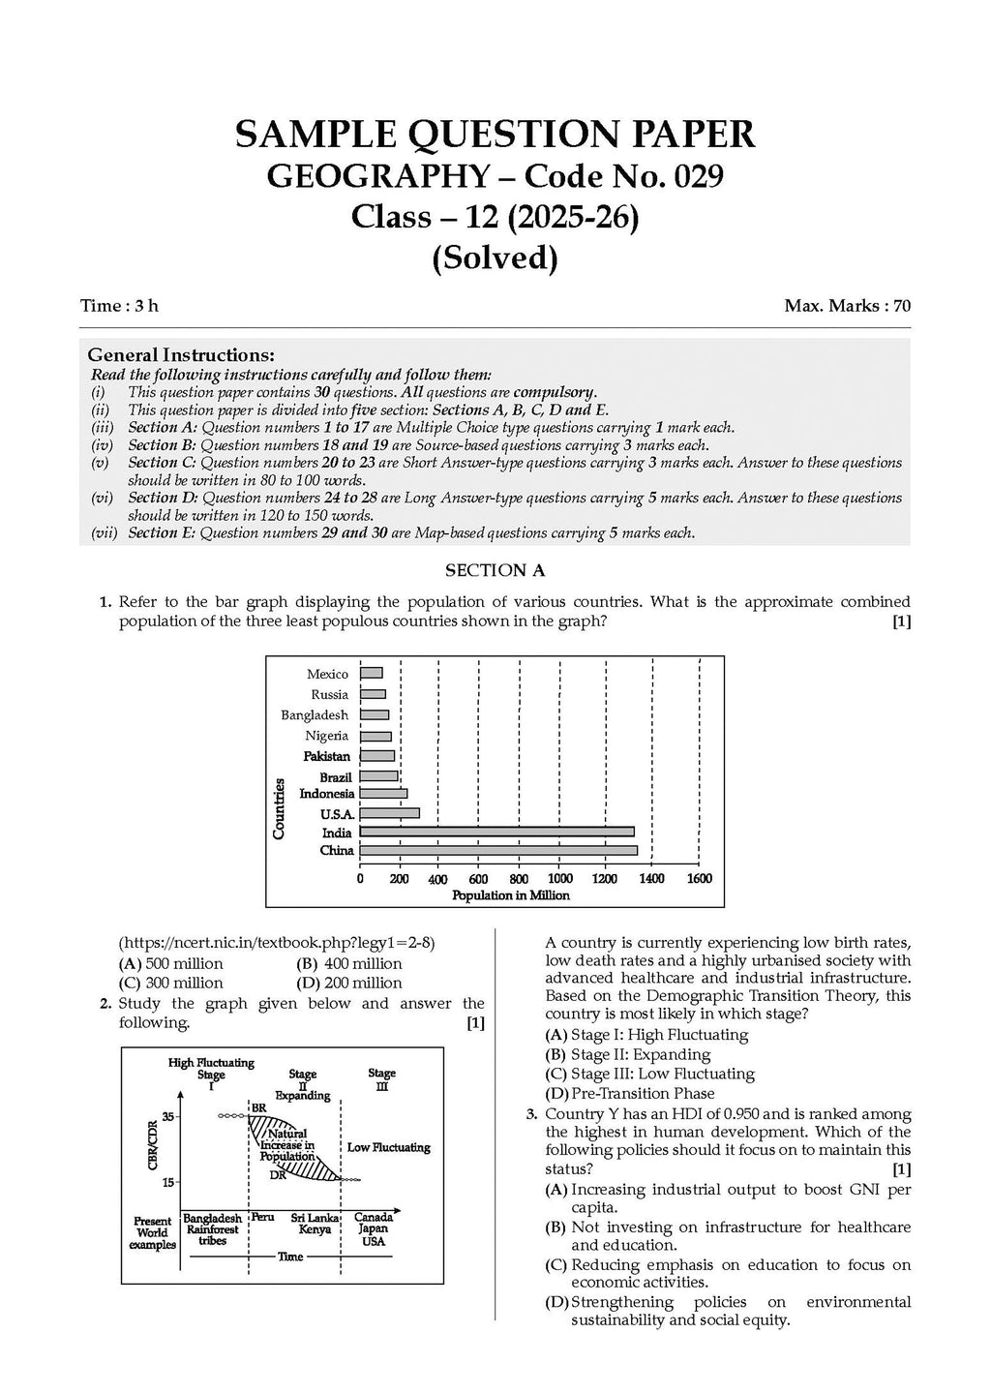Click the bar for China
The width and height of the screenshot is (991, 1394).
point(498,851)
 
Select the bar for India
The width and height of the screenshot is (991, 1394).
point(496,832)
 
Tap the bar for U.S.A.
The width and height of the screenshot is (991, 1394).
point(389,813)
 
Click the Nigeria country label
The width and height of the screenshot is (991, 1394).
point(327,736)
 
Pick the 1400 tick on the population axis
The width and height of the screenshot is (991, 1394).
point(651,879)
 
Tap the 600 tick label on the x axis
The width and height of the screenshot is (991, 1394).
point(478,879)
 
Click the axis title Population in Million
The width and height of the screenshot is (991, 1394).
point(511,896)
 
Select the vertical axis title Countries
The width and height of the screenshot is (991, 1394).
point(279,808)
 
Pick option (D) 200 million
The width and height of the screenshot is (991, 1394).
point(348,984)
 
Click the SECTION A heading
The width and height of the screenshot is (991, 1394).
point(495,571)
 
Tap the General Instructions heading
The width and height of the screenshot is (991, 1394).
point(181,355)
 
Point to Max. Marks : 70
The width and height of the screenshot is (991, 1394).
point(848,306)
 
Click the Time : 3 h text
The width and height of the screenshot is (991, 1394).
point(119,306)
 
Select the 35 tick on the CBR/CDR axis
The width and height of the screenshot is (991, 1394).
point(167,1116)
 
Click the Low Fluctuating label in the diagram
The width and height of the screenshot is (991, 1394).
point(388,1148)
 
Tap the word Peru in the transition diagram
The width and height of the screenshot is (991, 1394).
point(263,1217)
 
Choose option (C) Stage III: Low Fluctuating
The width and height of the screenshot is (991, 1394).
point(649,1074)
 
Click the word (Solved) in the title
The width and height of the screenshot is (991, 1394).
point(495,258)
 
